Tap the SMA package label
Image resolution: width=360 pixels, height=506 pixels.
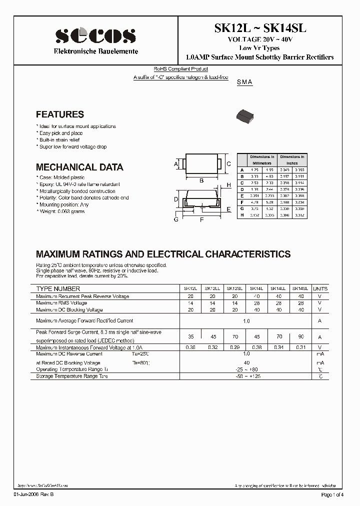(244, 82)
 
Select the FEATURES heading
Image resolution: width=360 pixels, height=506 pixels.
(60, 114)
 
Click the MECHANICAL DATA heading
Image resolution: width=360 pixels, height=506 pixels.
(79, 167)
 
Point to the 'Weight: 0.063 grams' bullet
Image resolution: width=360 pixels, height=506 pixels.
(61, 211)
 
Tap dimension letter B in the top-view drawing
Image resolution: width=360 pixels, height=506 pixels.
(201, 180)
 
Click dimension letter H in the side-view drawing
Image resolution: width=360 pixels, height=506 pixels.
(228, 185)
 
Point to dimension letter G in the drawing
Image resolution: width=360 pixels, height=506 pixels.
(176, 219)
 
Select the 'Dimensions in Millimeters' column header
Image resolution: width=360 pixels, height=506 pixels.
(262, 160)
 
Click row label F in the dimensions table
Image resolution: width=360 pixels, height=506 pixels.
(242, 202)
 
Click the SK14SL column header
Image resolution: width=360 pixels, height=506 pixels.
(300, 288)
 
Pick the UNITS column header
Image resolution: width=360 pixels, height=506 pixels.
(320, 288)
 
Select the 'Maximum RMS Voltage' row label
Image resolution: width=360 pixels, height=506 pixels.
(61, 303)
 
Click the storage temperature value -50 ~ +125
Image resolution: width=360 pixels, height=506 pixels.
(246, 376)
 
